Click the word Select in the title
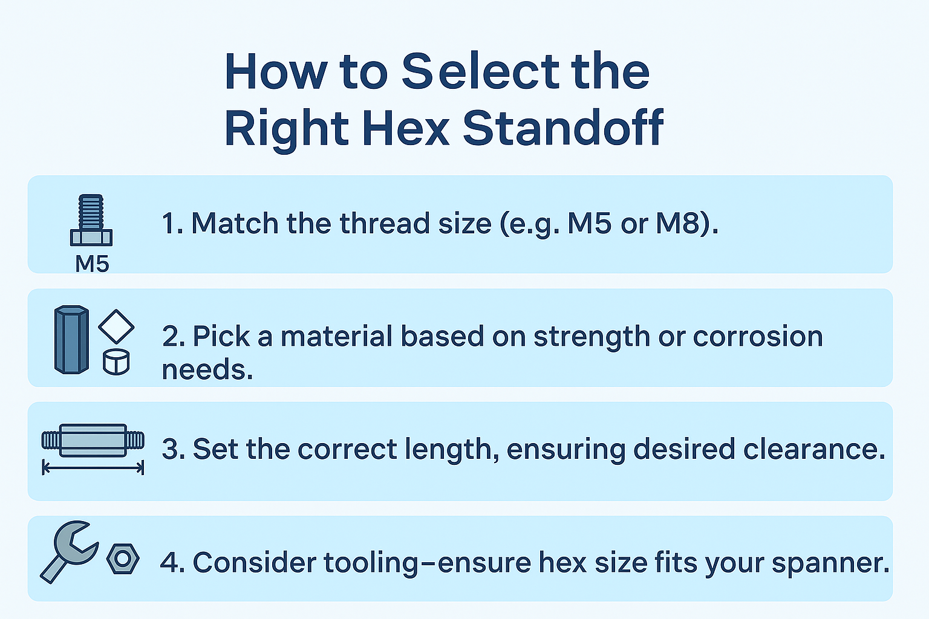tap(481, 72)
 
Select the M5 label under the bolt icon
tap(92, 264)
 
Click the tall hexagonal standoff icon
tap(71, 339)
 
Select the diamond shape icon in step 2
tap(116, 327)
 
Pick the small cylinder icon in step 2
tap(116, 361)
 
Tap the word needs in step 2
tap(207, 369)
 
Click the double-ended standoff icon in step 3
tap(93, 439)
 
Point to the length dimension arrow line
tap(93, 468)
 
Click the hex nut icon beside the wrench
tap(123, 559)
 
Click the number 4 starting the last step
tap(171, 563)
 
